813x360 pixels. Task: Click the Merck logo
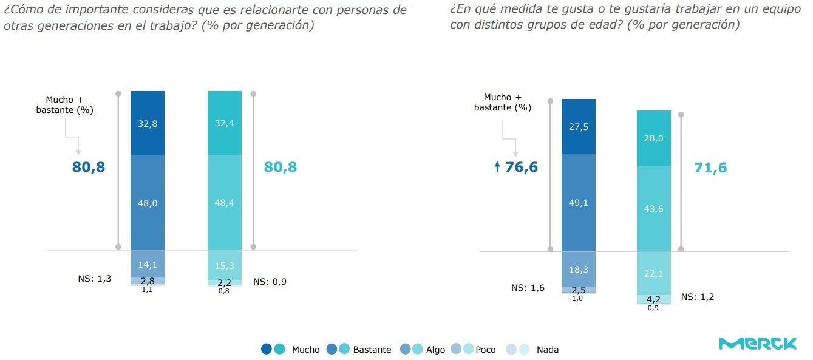(757, 343)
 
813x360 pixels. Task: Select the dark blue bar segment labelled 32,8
(148, 123)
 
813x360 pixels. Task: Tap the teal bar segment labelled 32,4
(225, 123)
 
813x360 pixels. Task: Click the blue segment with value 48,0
(148, 203)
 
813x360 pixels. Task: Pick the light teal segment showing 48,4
(225, 203)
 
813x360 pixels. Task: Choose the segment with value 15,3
(225, 265)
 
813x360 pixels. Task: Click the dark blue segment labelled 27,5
(578, 126)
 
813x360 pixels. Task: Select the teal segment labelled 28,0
(653, 138)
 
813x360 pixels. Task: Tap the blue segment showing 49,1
(578, 202)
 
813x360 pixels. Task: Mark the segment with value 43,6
(653, 208)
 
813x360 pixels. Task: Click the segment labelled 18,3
(578, 268)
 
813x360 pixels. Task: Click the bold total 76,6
(521, 168)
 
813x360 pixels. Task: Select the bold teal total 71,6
(710, 168)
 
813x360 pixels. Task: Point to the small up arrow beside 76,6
(497, 168)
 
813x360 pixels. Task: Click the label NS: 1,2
(698, 297)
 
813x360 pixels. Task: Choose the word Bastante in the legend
(372, 350)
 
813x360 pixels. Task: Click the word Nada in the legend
(547, 350)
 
